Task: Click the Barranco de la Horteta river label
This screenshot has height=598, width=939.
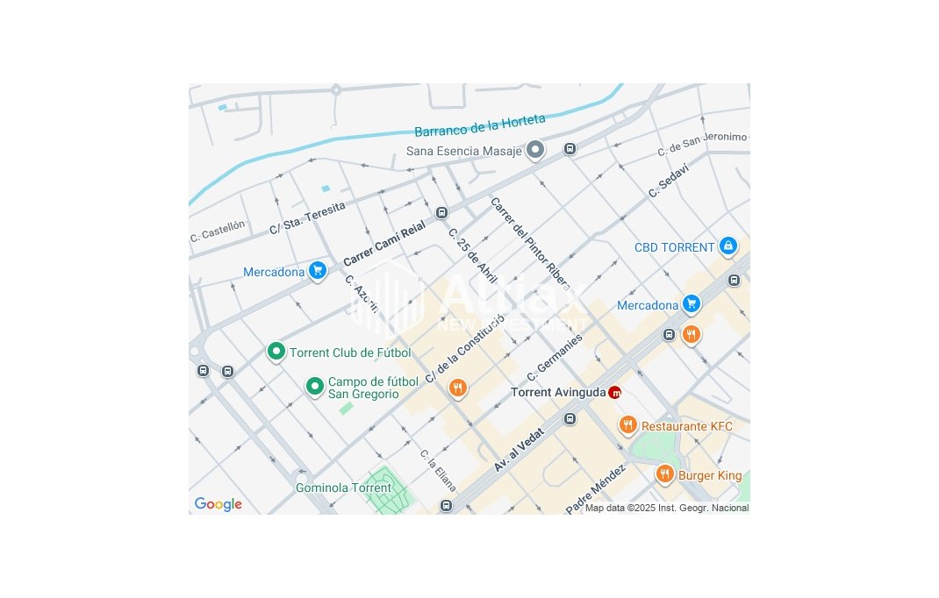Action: pyautogui.click(x=479, y=125)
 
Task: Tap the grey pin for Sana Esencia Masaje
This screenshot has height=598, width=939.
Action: pyautogui.click(x=535, y=151)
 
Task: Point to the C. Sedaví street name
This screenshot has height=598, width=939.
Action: pyautogui.click(x=668, y=180)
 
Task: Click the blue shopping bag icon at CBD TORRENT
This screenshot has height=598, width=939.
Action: pyautogui.click(x=728, y=246)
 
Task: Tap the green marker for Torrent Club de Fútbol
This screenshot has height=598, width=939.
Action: pyautogui.click(x=276, y=352)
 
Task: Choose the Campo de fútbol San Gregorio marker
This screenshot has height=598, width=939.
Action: pyautogui.click(x=314, y=387)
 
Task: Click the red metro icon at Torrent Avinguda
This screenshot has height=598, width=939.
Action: pyautogui.click(x=614, y=393)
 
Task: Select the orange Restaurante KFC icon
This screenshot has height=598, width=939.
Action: pyautogui.click(x=627, y=426)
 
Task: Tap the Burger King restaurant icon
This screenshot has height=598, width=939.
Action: pyautogui.click(x=664, y=475)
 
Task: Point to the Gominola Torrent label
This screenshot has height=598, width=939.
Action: pyautogui.click(x=343, y=488)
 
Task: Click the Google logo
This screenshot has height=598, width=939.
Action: pyautogui.click(x=218, y=504)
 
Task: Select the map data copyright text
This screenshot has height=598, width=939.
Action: pyautogui.click(x=667, y=508)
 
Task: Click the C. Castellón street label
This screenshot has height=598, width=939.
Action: pyautogui.click(x=218, y=231)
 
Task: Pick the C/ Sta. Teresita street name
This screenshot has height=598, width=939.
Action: pyautogui.click(x=307, y=217)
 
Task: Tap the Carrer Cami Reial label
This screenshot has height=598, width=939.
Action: pyautogui.click(x=384, y=243)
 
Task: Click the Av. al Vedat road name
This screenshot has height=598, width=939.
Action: pyautogui.click(x=519, y=450)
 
